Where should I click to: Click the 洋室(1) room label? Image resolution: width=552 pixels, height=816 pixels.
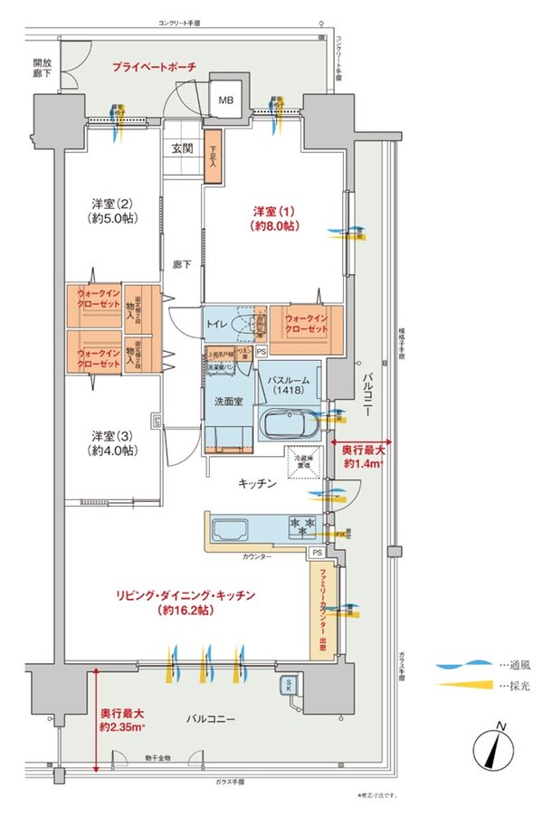pyautogui.click(x=276, y=218)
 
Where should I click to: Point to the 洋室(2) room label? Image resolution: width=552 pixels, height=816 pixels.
pyautogui.click(x=110, y=210)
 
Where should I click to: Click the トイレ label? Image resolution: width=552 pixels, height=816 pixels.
pyautogui.click(x=216, y=323)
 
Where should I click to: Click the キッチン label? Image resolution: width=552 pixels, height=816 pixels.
pyautogui.click(x=258, y=484)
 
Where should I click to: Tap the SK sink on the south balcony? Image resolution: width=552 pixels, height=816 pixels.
pyautogui.click(x=289, y=685)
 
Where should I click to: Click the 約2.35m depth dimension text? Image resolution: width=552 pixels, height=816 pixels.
pyautogui.click(x=124, y=719)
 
